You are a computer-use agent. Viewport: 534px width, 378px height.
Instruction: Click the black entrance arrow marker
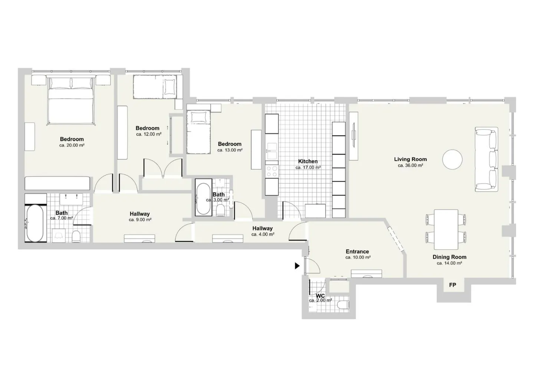pos(297,266)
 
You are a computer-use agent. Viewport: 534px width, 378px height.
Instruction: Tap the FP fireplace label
pos(452,285)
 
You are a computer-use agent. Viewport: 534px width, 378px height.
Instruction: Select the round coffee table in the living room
pos(452,160)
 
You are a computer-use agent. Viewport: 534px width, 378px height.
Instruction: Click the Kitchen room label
pos(308,161)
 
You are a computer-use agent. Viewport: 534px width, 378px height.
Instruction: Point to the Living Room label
pos(410,159)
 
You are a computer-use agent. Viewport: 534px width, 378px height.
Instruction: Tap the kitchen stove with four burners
pos(272,171)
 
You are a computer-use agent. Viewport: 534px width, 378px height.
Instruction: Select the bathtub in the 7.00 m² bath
pos(35,223)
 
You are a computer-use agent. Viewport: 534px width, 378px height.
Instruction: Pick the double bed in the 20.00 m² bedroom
pos(71,100)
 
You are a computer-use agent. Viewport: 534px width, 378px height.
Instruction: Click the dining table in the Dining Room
pos(446,229)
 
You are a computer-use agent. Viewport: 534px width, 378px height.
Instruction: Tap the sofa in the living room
pos(487,159)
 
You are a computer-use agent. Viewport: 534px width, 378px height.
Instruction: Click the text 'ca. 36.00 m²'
pos(410,165)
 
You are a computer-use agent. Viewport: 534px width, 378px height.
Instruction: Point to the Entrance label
pos(357,252)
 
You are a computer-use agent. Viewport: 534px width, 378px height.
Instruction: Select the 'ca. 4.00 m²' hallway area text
pos(263,234)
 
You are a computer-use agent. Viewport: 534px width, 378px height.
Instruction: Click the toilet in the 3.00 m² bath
pos(221,210)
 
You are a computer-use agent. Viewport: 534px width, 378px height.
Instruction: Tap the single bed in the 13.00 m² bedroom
pos(198,132)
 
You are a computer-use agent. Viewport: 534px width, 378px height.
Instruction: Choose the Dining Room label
pos(449,257)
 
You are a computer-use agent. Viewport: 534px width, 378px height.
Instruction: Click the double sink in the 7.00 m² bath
pos(71,199)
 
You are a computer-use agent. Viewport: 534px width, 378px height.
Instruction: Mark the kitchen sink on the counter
pos(272,151)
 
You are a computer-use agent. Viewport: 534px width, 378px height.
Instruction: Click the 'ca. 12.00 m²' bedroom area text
pos(149,134)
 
